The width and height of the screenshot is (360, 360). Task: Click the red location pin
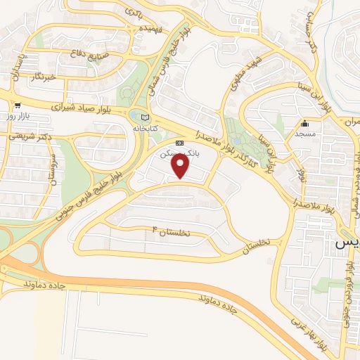pyautogui.click(x=181, y=166)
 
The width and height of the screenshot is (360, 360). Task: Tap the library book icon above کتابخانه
pyautogui.click(x=145, y=117)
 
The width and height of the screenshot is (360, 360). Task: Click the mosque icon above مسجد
pyautogui.click(x=304, y=124)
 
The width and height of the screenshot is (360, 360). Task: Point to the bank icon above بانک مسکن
pyautogui.click(x=179, y=142)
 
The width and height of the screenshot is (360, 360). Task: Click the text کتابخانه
pyautogui.click(x=146, y=129)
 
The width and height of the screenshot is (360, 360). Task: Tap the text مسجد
pyautogui.click(x=304, y=134)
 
